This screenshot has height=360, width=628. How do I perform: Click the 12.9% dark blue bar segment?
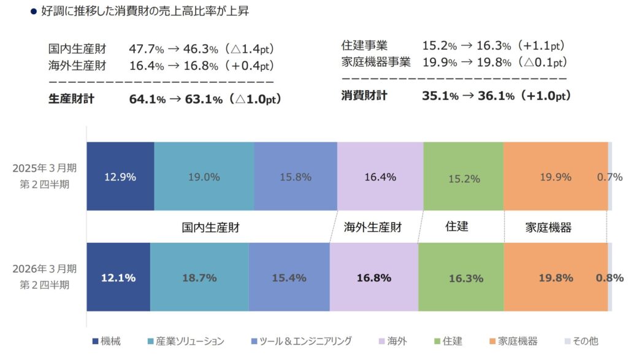tap(120, 177)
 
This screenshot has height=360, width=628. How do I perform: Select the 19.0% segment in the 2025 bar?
tap(204, 177)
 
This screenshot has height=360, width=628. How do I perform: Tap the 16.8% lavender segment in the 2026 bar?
tap(373, 277)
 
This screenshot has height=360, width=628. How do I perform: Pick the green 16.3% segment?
tap(461, 277)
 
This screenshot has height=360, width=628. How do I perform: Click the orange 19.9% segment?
tap(555, 177)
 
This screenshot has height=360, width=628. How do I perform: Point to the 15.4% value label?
tap(289, 278)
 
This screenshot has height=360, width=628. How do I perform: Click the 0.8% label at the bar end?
tap(610, 277)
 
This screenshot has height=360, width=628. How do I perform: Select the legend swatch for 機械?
tap(94, 341)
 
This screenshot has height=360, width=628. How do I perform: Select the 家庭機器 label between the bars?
tap(548, 228)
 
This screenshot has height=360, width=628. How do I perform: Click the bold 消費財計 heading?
tap(364, 96)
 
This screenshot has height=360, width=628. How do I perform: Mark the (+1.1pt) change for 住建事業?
tap(540, 46)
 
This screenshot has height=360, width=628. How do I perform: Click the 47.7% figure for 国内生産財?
tap(146, 49)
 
